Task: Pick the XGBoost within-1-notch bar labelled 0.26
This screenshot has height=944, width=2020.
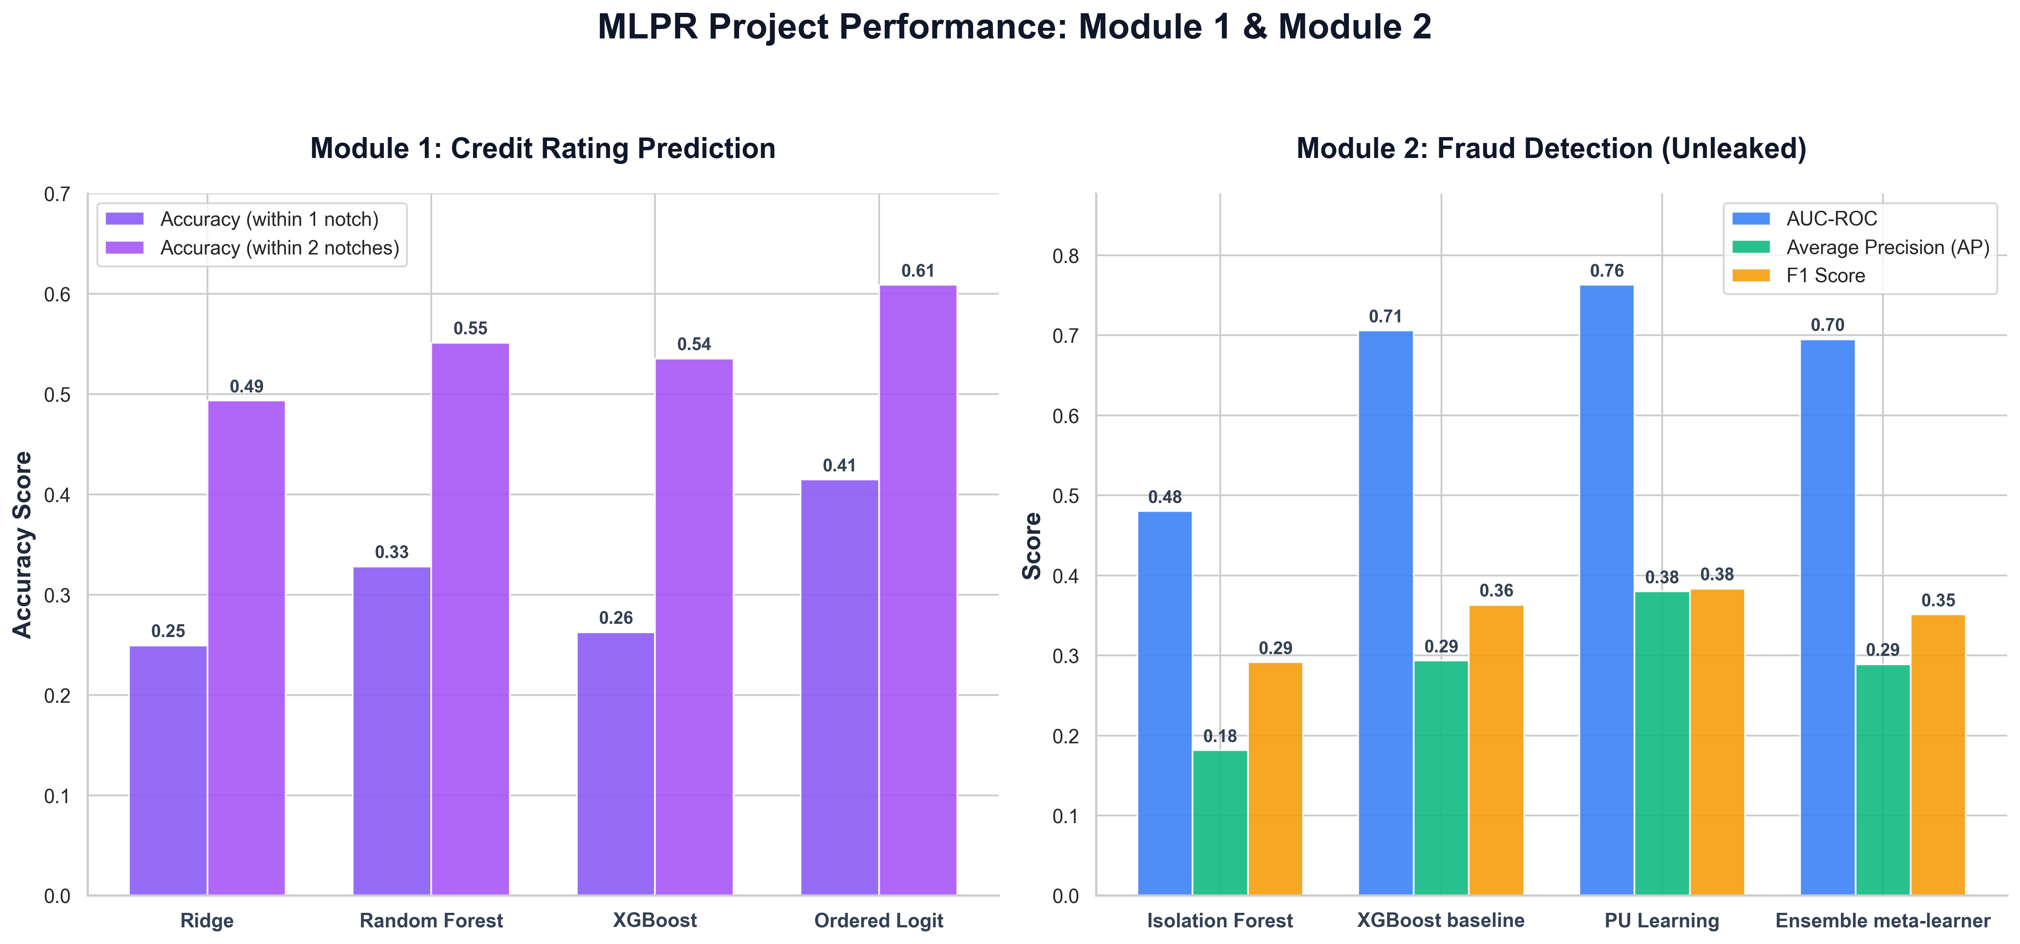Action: pyautogui.click(x=616, y=764)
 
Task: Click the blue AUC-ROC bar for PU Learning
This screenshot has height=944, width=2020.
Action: pyautogui.click(x=1607, y=590)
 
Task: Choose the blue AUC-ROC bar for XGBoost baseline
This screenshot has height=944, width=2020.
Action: pyautogui.click(x=1386, y=613)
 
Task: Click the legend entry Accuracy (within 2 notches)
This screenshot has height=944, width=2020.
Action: pyautogui.click(x=252, y=248)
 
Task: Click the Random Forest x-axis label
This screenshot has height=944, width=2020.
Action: pyautogui.click(x=431, y=921)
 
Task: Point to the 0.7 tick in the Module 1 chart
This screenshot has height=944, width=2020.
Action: pyautogui.click(x=57, y=194)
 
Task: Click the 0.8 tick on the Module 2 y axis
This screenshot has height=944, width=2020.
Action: pyautogui.click(x=1066, y=256)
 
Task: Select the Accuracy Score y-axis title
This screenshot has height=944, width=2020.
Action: pyautogui.click(x=23, y=545)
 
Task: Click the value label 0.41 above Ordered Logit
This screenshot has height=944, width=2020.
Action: pyautogui.click(x=839, y=466)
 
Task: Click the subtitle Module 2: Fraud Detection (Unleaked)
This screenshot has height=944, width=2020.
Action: pyautogui.click(x=1551, y=148)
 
